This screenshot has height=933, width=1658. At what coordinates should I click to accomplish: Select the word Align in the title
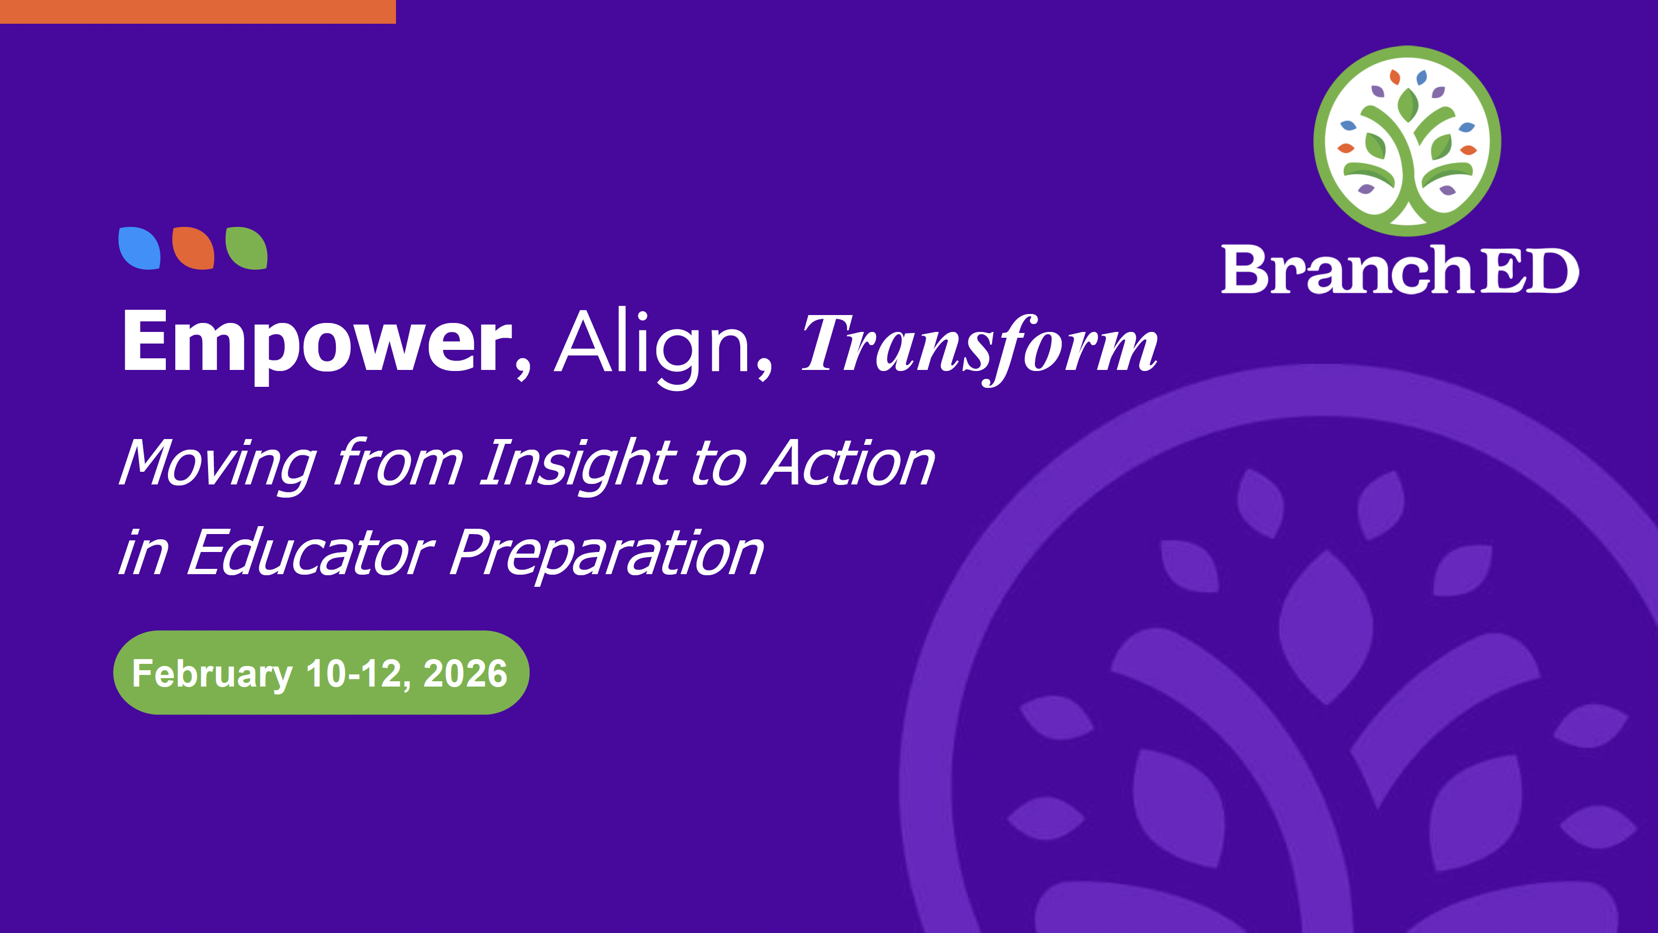pyautogui.click(x=652, y=347)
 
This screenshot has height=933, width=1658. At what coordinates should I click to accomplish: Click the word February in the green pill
pyautogui.click(x=212, y=674)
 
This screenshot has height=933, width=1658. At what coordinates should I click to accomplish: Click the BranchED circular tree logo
pyautogui.click(x=1407, y=141)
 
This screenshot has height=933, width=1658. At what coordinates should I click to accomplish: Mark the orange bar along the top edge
pyautogui.click(x=197, y=12)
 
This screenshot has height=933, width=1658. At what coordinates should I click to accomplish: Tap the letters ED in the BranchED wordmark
pyautogui.click(x=1532, y=270)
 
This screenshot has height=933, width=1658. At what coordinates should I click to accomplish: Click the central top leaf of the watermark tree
pyautogui.click(x=1326, y=627)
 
